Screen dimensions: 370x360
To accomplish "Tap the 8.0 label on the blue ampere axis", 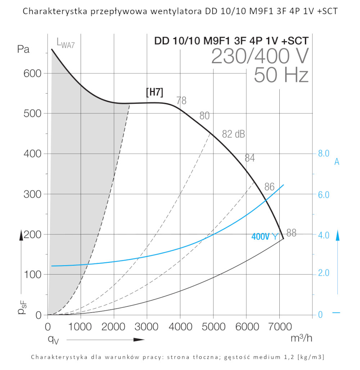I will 324,154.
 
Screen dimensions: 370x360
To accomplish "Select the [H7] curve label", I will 154,92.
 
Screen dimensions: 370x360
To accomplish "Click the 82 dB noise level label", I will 233,134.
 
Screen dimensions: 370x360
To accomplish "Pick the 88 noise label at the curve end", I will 291,233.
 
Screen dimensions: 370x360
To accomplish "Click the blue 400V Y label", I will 265,237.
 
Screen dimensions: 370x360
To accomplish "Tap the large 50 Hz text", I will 281,76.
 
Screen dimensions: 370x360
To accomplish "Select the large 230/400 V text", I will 260,56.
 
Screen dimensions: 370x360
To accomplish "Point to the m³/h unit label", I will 301,338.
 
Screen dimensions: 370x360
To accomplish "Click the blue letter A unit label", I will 337,162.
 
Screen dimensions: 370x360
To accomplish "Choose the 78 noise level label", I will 181,101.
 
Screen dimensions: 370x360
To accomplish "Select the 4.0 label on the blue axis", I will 324,235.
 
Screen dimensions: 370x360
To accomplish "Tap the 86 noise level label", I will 269,187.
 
